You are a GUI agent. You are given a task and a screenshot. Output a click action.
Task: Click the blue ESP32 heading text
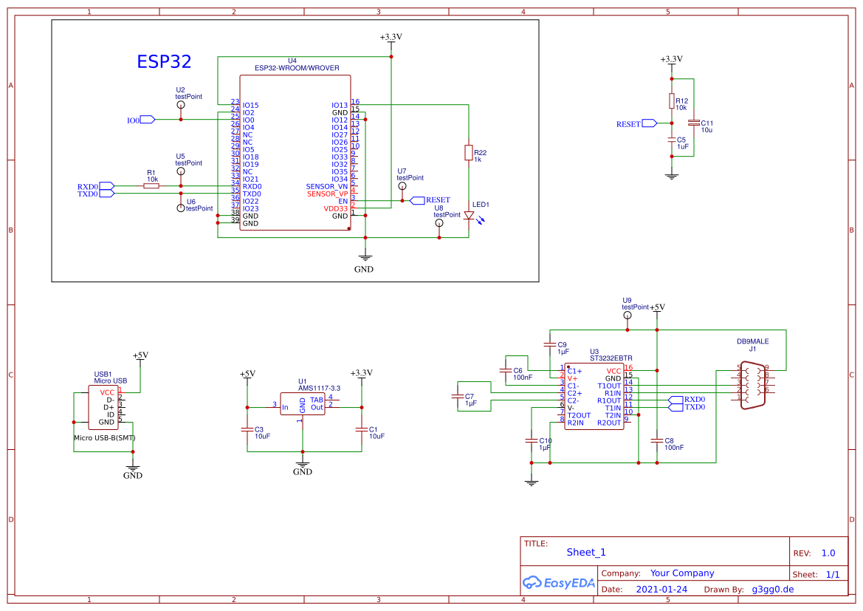point(164,61)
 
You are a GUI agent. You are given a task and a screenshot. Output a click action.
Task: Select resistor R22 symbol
point(468,153)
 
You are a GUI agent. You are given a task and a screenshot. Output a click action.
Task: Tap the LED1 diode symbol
point(468,216)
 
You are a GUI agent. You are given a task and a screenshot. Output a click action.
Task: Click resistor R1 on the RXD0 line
point(151,186)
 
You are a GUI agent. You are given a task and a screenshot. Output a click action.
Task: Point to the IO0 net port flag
point(146,120)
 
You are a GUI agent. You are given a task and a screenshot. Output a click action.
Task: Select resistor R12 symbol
point(671,101)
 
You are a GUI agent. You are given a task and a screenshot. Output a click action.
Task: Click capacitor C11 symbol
point(692,123)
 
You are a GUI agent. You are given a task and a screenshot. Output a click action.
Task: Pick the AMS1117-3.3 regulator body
point(303,404)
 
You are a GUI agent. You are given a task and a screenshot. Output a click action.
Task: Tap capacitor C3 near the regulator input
point(247,429)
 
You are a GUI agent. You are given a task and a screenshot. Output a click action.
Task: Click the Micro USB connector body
point(103,408)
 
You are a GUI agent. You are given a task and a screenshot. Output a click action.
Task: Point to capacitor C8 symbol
point(657,440)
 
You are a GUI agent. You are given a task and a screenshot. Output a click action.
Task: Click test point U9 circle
point(627,315)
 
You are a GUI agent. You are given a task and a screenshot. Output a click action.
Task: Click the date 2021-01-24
point(661,590)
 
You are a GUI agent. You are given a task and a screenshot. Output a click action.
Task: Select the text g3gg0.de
point(772,590)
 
